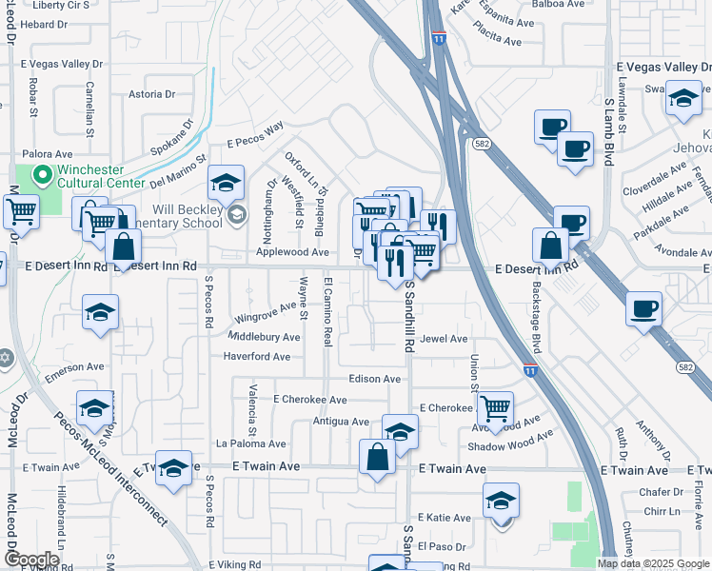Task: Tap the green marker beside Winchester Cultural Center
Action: [42, 174]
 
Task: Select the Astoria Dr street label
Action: [151, 94]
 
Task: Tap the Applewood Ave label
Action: [292, 253]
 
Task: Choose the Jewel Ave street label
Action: [445, 339]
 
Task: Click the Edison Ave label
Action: [374, 379]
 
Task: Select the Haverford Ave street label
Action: [256, 357]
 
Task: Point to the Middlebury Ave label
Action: [265, 337]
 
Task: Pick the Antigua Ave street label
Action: [340, 422]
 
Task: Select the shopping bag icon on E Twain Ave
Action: [378, 456]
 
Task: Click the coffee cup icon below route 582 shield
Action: [575, 149]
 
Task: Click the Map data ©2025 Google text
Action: [652, 562]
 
